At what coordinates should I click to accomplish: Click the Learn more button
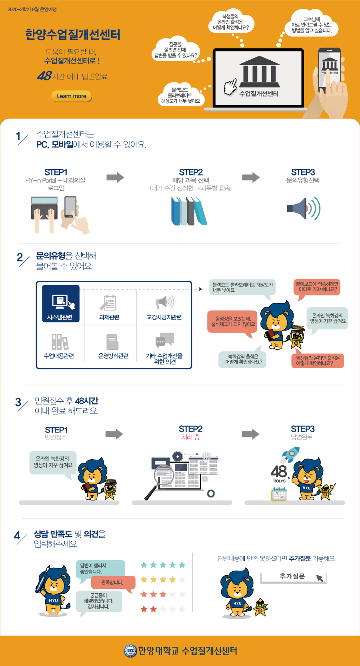pyautogui.click(x=72, y=96)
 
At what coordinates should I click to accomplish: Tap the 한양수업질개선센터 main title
pyautogui.click(x=72, y=35)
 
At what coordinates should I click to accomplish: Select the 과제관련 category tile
pyautogui.click(x=109, y=306)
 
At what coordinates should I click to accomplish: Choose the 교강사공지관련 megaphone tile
pyautogui.click(x=164, y=306)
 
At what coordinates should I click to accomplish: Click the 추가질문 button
pyautogui.click(x=293, y=577)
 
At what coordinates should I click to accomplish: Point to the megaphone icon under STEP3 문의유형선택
pyautogui.click(x=304, y=208)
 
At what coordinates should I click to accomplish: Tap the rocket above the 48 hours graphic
pyautogui.click(x=290, y=455)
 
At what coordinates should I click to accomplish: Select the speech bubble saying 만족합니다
pyautogui.click(x=113, y=582)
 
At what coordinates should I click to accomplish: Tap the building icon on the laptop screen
pyautogui.click(x=259, y=72)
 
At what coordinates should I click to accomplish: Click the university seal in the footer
pyautogui.click(x=130, y=651)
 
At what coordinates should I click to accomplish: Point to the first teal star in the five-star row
pyautogui.click(x=144, y=565)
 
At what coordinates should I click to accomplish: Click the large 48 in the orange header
pyautogui.click(x=44, y=76)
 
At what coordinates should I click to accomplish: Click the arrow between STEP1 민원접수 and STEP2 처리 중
pyautogui.click(x=114, y=434)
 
